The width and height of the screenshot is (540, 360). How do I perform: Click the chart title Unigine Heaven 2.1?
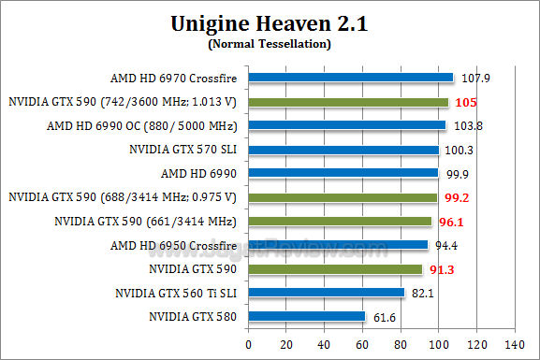point(270,23)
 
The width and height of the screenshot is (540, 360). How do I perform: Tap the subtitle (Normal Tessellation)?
point(270,43)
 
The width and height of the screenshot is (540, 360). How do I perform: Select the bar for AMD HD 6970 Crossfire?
point(350,78)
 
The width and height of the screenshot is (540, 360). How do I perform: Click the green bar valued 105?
point(348,102)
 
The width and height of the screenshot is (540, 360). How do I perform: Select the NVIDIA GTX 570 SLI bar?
point(343,150)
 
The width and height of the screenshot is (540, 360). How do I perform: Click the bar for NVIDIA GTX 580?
point(307,317)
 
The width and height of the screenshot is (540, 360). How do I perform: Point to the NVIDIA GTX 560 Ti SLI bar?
point(327,293)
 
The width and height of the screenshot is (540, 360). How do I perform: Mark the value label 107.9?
point(475,78)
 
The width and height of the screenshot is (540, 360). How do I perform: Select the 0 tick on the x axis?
point(248,344)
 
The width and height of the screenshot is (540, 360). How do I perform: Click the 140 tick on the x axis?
point(514,344)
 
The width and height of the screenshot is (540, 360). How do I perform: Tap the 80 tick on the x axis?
point(400,344)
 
